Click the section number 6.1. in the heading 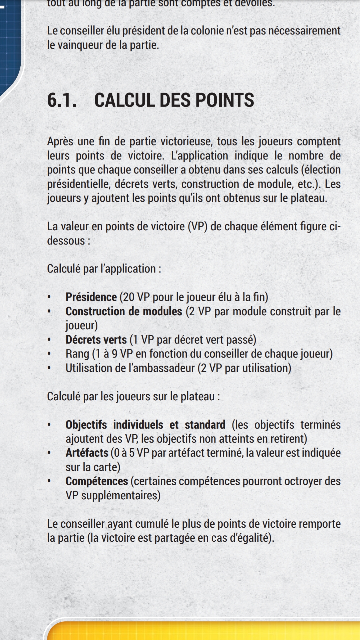click(x=62, y=100)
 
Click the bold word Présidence click(x=91, y=297)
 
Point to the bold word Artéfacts click(x=87, y=453)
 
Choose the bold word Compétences click(x=97, y=481)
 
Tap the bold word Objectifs click(x=86, y=425)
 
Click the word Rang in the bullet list click(x=77, y=354)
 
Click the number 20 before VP click(x=129, y=297)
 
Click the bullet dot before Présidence click(x=49, y=297)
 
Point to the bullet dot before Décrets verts click(x=49, y=340)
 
